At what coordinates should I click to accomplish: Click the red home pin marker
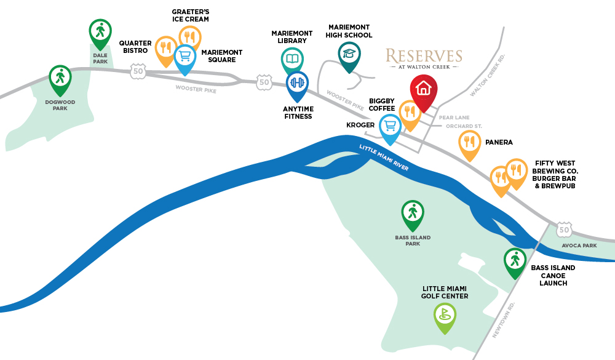point(424,91)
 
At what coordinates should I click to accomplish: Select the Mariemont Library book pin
point(292,60)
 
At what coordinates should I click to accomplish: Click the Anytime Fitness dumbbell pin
point(297,84)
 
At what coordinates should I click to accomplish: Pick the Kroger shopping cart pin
point(391,127)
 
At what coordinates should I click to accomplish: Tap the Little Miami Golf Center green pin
point(445,316)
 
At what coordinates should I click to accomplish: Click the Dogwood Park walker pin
point(60,79)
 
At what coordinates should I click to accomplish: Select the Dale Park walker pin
point(100,32)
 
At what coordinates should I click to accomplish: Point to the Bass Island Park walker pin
point(413,214)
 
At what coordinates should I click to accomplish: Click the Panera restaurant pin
point(469,143)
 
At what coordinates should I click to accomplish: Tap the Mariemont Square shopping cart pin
point(184,58)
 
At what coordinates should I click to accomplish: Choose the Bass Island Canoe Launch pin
point(515,262)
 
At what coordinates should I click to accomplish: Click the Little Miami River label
point(384,158)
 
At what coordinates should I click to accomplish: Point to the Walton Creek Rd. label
point(488,75)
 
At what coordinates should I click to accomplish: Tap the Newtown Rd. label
point(503,320)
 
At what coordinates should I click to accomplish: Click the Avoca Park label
point(579,246)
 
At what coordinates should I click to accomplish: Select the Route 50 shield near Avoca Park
point(564,230)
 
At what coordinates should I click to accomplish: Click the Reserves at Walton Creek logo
point(424,59)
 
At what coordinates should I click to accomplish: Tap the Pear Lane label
point(454,118)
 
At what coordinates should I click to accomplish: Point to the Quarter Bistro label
point(135,47)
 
